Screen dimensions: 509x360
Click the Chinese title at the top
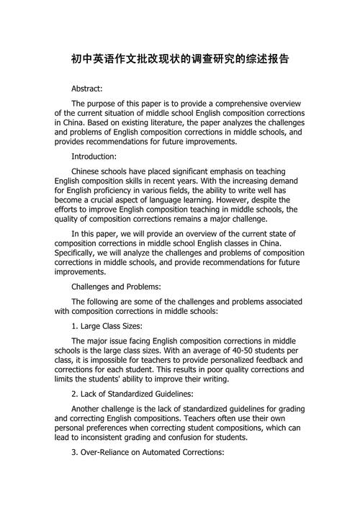click(180, 58)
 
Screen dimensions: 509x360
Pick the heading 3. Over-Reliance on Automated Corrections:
click(148, 454)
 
